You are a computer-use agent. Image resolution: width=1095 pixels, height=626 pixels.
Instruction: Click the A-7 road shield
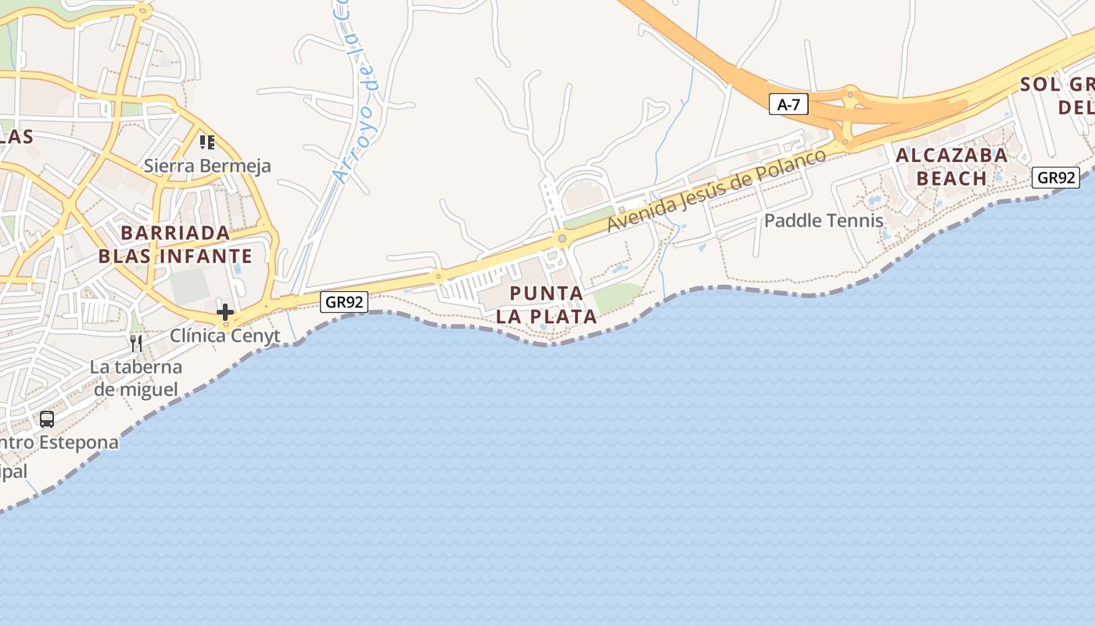point(788,104)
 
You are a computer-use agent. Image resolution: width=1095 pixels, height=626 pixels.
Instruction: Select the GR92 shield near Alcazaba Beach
point(1056,178)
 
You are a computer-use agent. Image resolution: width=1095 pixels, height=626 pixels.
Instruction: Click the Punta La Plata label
point(547,305)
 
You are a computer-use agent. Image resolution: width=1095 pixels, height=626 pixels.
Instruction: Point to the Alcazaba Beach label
point(951,167)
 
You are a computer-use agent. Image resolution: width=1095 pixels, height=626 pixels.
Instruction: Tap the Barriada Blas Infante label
point(175,244)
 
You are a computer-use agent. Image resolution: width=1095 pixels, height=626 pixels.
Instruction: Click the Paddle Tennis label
point(824,221)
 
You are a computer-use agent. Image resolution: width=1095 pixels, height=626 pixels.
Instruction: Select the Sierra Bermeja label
point(207,166)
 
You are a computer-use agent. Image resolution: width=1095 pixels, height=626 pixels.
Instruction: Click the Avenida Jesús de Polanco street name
point(716,190)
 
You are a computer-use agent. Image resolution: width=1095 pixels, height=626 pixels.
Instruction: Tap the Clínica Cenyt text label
point(225,336)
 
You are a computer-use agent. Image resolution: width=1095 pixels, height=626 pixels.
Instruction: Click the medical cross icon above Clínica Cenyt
point(225,312)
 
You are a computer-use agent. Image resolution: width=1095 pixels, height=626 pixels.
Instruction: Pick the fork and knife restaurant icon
point(136,343)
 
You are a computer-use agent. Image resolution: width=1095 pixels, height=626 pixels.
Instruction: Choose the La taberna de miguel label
point(135,378)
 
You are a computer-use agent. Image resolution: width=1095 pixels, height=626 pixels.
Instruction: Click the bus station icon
point(47,419)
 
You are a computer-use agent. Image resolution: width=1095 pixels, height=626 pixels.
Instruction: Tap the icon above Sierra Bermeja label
point(207,142)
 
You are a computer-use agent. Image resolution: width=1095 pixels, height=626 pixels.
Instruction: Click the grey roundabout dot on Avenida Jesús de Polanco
point(562,238)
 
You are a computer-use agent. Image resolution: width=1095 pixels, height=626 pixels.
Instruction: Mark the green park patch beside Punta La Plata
point(616,297)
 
